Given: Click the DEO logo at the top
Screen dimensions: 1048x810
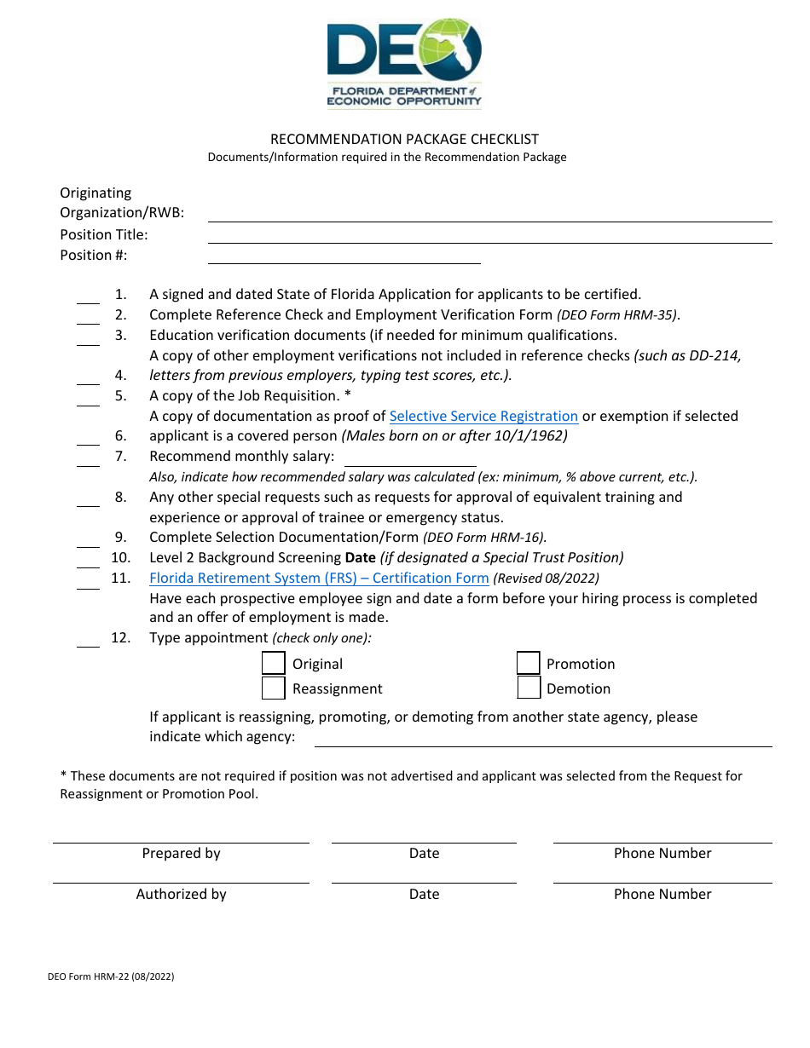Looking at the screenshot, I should (404, 64).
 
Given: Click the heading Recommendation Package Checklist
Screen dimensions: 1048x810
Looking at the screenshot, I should (404, 139).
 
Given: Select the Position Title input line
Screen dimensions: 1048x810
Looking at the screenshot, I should (489, 236).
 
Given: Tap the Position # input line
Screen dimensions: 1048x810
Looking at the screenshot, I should (344, 256).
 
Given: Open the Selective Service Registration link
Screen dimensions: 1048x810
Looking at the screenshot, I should (483, 416).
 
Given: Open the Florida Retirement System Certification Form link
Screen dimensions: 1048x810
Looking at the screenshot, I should (319, 578).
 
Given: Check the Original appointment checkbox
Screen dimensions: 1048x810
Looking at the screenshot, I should (273, 664).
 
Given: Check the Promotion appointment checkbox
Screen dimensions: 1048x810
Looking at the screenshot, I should (529, 664).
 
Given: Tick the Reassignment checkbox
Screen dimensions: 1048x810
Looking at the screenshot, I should (273, 688).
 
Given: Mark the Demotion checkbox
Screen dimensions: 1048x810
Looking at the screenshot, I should (529, 688).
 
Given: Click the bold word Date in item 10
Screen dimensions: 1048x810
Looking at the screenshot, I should (360, 557).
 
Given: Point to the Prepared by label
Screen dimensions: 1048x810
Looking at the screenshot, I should (181, 853).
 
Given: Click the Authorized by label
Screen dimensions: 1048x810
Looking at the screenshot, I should (181, 894).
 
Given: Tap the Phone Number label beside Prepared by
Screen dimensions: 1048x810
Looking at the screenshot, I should (662, 853).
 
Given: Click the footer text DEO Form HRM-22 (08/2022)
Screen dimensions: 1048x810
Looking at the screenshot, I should (111, 977).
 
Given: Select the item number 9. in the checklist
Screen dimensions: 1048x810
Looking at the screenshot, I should (120, 537).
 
